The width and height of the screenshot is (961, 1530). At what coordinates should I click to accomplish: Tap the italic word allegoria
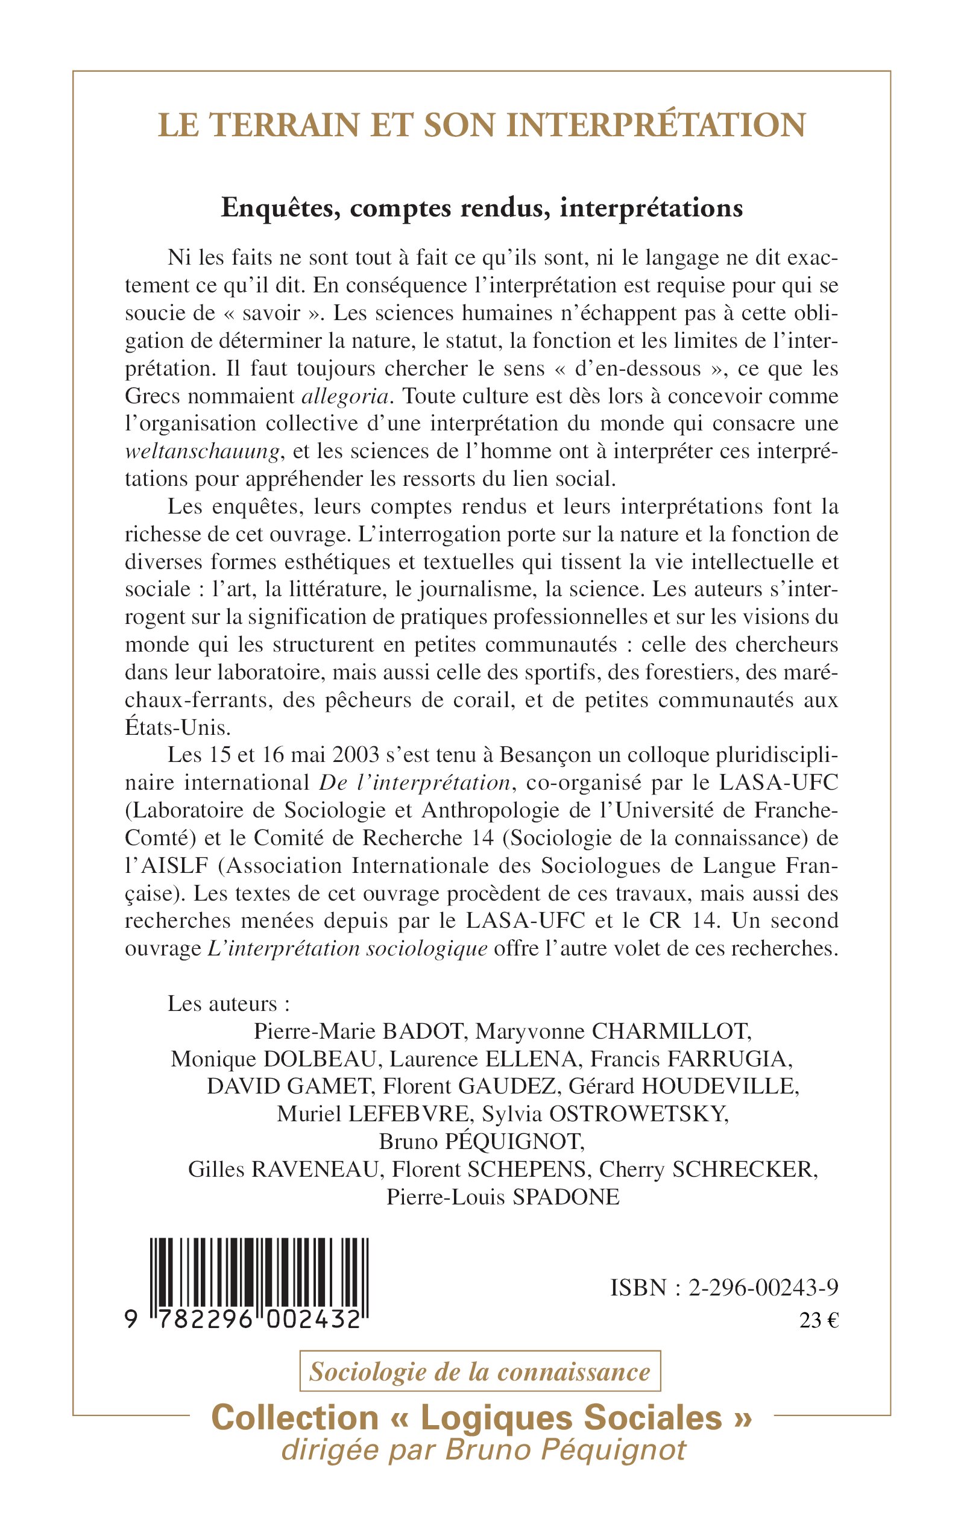[345, 397]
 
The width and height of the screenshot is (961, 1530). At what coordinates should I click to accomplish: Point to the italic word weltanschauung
[202, 452]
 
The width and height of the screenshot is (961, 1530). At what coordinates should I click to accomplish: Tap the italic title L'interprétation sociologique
[348, 949]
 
